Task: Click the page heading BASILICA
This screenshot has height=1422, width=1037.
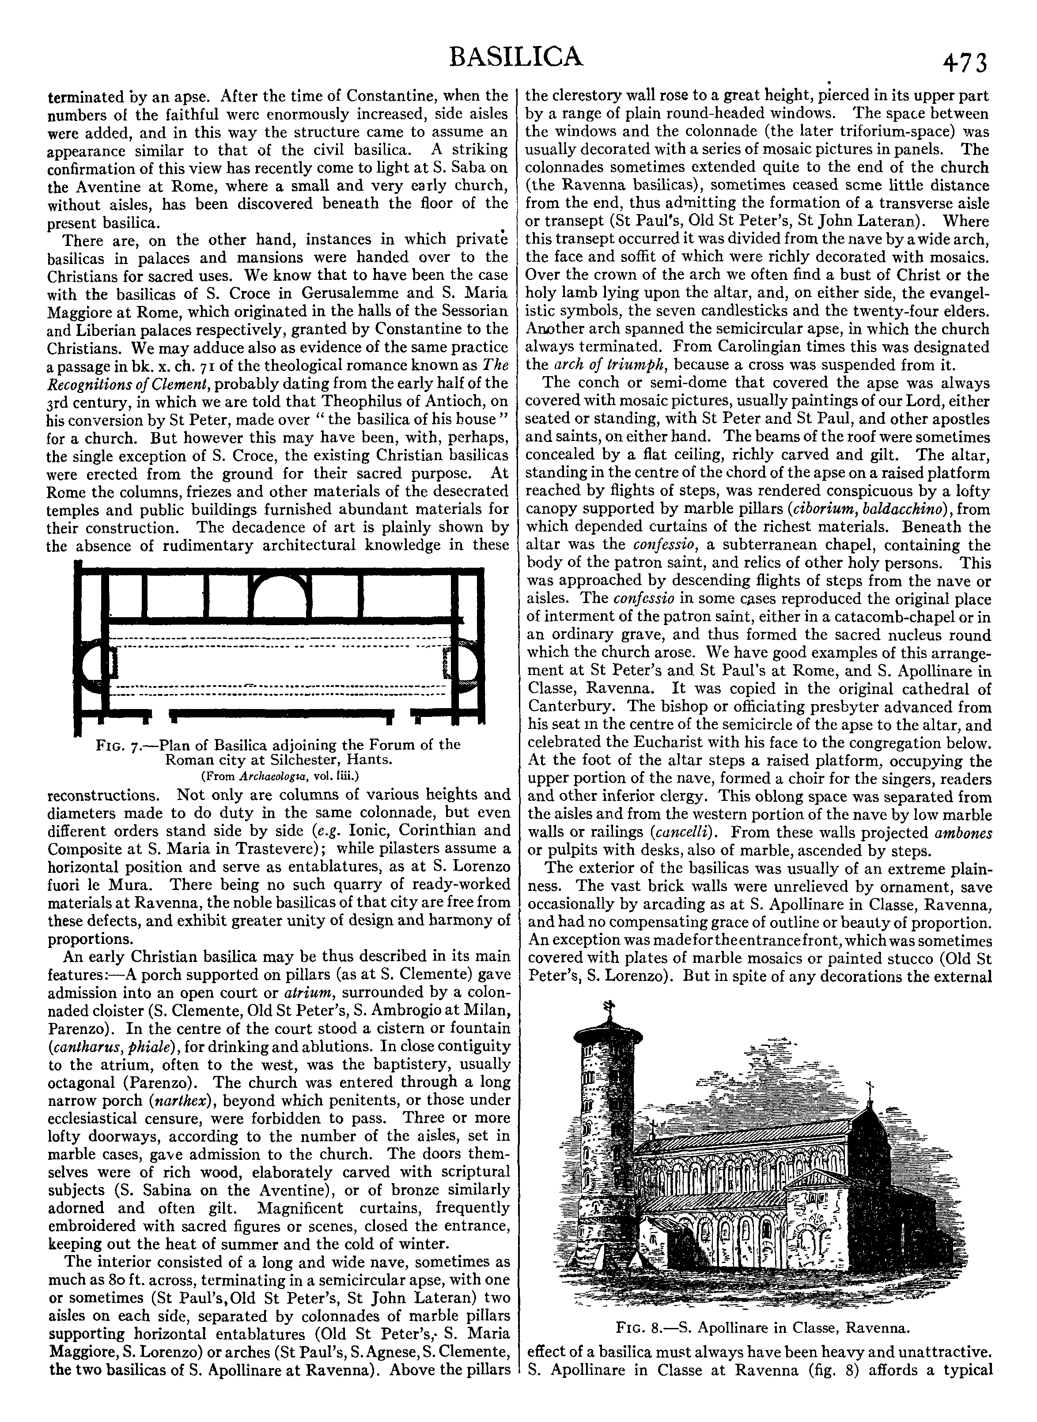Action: [517, 57]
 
